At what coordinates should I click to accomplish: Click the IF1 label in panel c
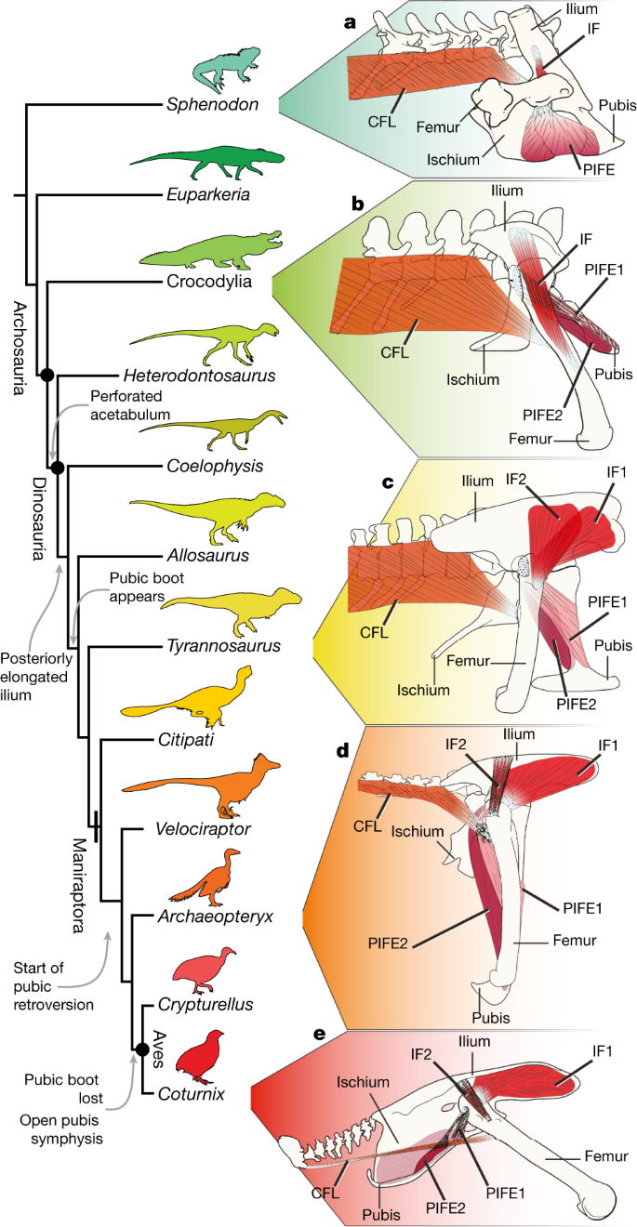616,472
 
